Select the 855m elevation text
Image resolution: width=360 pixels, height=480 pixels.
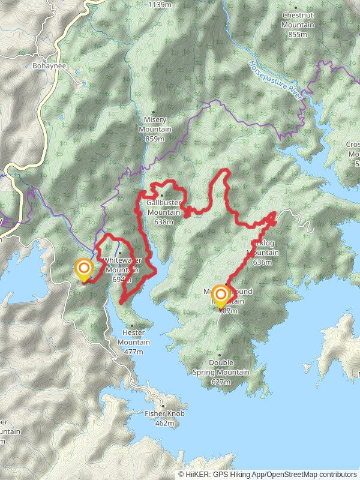[298, 34]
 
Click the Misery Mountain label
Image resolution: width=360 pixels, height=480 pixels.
[155, 125]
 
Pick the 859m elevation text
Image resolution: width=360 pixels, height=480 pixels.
[155, 139]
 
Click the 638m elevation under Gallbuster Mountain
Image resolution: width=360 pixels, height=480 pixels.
[163, 221]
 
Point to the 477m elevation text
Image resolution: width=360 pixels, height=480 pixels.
[134, 351]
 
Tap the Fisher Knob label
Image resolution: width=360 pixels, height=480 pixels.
[164, 413]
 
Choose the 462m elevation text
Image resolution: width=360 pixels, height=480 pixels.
[164, 423]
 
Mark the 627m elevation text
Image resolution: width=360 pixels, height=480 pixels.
[221, 382]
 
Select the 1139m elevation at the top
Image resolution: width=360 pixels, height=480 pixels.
[160, 4]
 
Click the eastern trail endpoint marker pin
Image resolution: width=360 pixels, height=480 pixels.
[221, 295]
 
